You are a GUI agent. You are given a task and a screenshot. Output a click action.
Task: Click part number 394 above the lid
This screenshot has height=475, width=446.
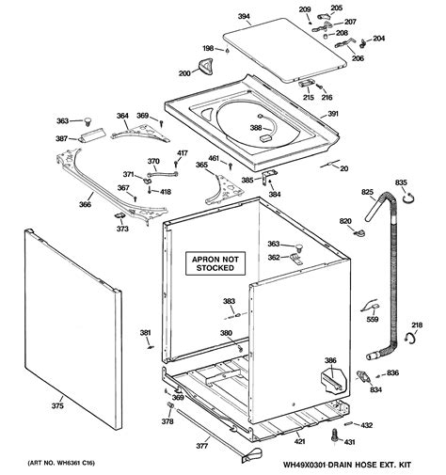[243, 16]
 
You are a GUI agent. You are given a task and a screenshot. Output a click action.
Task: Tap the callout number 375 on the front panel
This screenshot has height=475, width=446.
[58, 406]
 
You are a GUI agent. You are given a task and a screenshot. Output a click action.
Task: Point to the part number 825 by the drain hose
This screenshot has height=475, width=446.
[368, 193]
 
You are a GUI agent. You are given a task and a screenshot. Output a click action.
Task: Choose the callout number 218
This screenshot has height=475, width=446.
[417, 325]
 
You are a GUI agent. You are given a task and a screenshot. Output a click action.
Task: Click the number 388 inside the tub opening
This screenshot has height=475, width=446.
[256, 128]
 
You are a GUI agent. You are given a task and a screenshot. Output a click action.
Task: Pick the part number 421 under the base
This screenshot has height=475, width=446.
[299, 441]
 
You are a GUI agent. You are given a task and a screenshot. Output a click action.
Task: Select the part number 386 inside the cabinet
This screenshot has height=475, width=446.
[330, 360]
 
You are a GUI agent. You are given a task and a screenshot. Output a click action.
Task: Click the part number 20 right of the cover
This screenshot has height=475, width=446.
[343, 168]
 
